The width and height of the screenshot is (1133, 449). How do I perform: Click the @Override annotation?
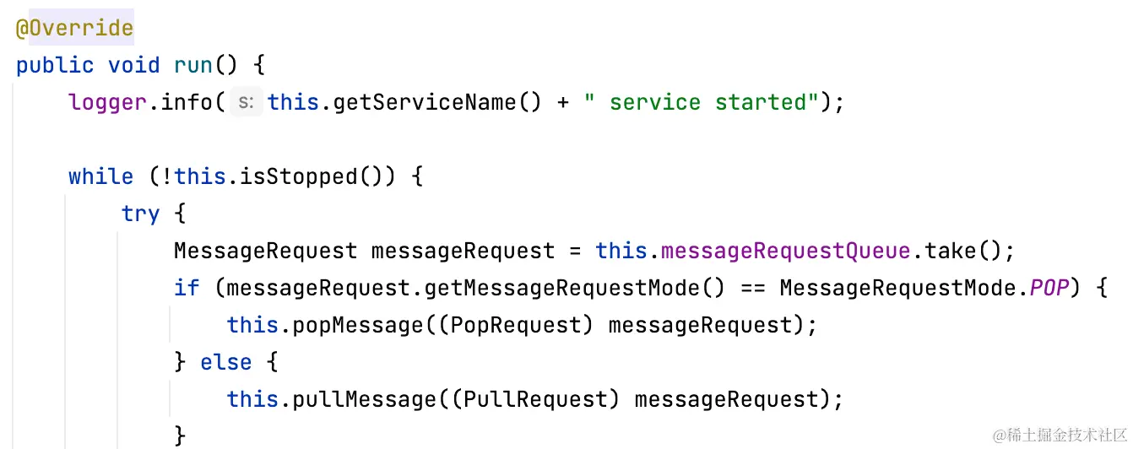[x=74, y=28]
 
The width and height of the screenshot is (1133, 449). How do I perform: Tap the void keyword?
[x=133, y=65]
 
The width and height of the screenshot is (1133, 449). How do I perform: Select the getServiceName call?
[x=425, y=102]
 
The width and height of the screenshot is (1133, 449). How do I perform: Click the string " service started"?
[x=701, y=102]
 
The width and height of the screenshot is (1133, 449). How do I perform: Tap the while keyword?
[x=100, y=176]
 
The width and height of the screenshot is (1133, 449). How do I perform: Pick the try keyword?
[x=140, y=214]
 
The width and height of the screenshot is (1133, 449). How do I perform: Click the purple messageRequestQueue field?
[x=786, y=251]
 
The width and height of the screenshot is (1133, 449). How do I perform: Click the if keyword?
[x=186, y=288]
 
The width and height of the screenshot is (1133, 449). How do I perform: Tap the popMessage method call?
[x=358, y=325]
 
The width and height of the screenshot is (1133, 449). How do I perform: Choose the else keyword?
[x=226, y=362]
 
